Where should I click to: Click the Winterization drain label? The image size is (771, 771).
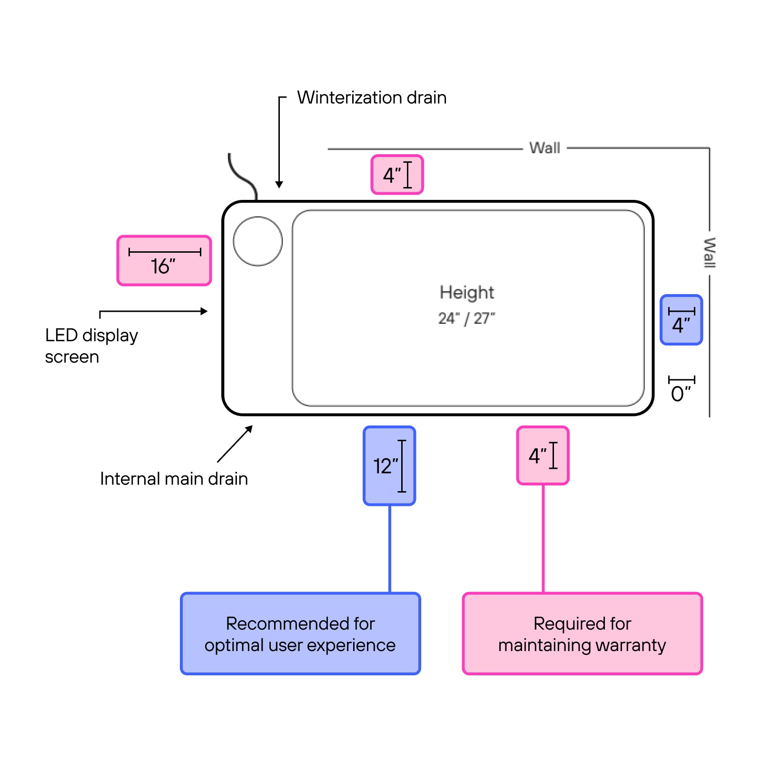pos(372,98)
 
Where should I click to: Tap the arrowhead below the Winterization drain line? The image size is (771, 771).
pos(279,185)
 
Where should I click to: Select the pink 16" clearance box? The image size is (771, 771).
pos(164,261)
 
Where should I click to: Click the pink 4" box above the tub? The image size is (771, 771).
pos(397,175)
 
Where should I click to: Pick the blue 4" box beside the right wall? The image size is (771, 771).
pos(681,320)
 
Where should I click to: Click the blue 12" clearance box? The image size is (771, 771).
pos(389,466)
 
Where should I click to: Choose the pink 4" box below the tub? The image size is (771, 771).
pos(543,455)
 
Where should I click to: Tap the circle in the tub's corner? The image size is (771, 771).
pos(258,241)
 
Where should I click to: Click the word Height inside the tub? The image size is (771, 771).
pos(467,292)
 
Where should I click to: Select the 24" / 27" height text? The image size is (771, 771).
pos(466,318)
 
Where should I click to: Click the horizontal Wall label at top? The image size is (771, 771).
pos(544,148)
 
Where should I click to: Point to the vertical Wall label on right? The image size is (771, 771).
pos(709,253)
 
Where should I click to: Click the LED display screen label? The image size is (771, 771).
pos(91,346)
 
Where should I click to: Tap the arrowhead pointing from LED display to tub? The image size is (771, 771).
pos(205,311)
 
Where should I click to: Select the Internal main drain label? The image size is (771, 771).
pos(174,479)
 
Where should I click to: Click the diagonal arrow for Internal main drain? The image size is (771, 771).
pos(235,444)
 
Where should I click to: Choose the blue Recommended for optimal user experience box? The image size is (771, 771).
pos(300,633)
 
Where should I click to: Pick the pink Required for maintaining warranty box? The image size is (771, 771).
pos(582,633)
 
